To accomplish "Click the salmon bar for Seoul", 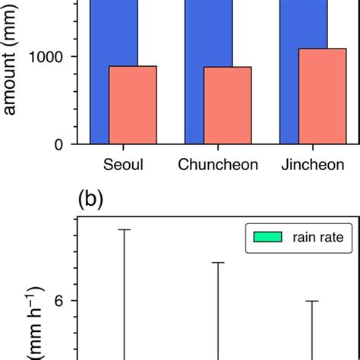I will click(133, 104).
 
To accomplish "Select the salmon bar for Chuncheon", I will click(228, 105).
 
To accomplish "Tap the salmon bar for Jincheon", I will click(323, 96).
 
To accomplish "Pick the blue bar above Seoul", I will click(114, 30).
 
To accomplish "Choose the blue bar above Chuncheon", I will click(209, 30).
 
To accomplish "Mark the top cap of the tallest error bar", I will click(124, 229).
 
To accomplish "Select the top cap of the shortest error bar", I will click(312, 301).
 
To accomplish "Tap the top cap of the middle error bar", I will click(219, 263).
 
